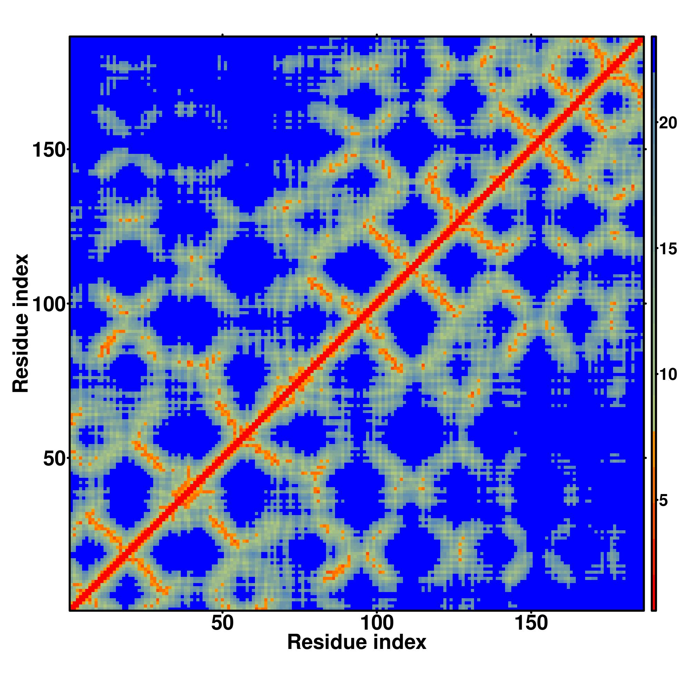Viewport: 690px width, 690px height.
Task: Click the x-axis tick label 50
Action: (222, 623)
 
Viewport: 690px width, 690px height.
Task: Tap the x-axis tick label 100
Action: (377, 623)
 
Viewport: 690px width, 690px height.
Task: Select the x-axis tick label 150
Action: (531, 623)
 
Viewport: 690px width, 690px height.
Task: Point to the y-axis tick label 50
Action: (54, 459)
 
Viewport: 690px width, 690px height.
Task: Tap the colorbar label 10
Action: (668, 375)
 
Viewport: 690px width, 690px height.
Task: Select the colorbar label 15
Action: (668, 249)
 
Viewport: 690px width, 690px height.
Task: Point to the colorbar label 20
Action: (668, 123)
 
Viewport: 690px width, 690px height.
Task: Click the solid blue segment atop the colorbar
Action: (653, 53)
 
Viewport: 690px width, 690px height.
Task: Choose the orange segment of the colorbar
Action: (653, 482)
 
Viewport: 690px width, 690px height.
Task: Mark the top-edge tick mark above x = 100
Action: (377, 35)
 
